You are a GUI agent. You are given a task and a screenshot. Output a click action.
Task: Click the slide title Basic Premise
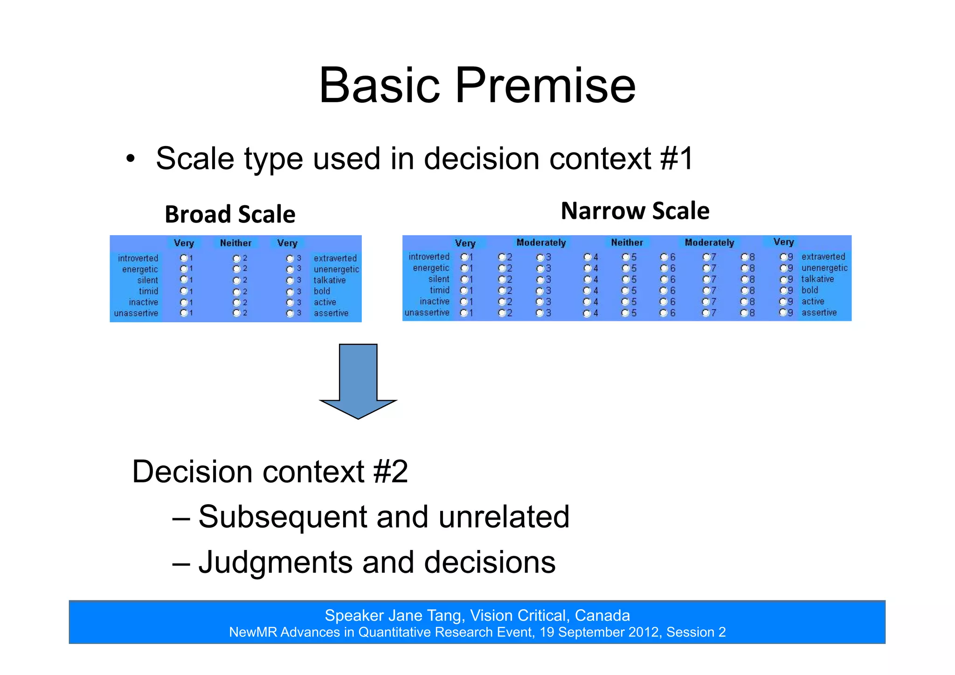point(477,85)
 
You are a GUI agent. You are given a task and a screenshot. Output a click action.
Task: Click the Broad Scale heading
point(230,215)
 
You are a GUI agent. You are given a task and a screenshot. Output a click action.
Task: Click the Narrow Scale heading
point(635,211)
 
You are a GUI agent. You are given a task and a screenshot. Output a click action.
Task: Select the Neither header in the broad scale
point(235,243)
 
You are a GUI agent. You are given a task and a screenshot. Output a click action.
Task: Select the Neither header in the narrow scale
point(627,243)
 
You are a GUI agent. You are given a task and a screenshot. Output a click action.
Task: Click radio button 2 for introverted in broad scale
point(236,258)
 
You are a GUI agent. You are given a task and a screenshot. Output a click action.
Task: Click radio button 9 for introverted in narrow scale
point(783,257)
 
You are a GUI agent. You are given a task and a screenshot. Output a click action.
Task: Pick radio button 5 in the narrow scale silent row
point(625,279)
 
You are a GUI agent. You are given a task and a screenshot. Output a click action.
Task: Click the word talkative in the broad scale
point(329,280)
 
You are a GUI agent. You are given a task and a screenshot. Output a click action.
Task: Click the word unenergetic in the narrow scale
point(824,268)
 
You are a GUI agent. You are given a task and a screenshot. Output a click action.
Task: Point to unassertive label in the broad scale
point(136,313)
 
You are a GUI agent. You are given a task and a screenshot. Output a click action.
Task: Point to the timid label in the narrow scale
point(439,290)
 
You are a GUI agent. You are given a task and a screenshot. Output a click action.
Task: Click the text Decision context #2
point(270,472)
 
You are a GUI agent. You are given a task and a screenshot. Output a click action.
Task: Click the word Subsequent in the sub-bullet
point(282,517)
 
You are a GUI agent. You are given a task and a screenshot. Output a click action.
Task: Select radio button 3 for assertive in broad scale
point(290,313)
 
